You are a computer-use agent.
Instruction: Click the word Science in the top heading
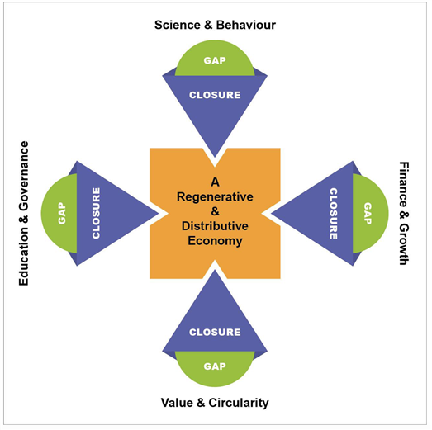pos(178,25)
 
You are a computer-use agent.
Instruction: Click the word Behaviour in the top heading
pos(246,25)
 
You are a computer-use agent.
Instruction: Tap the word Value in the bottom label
pos(177,403)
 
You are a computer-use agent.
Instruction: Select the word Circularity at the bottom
pos(239,404)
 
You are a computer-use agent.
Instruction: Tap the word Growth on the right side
pos(404,244)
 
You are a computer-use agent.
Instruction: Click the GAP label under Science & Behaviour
pos(215,60)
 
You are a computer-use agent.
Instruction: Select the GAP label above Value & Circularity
pos(215,366)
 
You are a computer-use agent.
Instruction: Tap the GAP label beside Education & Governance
pos(62,213)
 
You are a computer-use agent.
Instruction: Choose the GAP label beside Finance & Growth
pos(368,213)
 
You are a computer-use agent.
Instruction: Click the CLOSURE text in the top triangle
pos(215,95)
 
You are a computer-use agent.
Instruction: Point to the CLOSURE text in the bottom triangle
pos(215,332)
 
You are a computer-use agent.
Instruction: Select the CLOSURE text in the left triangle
pos(96,213)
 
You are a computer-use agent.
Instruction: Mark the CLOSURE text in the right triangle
pos(334,213)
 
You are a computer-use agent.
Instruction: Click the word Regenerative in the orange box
pos(215,197)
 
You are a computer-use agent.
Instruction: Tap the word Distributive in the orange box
pos(215,226)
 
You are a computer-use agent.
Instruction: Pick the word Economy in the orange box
pos(215,241)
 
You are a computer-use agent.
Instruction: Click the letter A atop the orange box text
pos(215,182)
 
